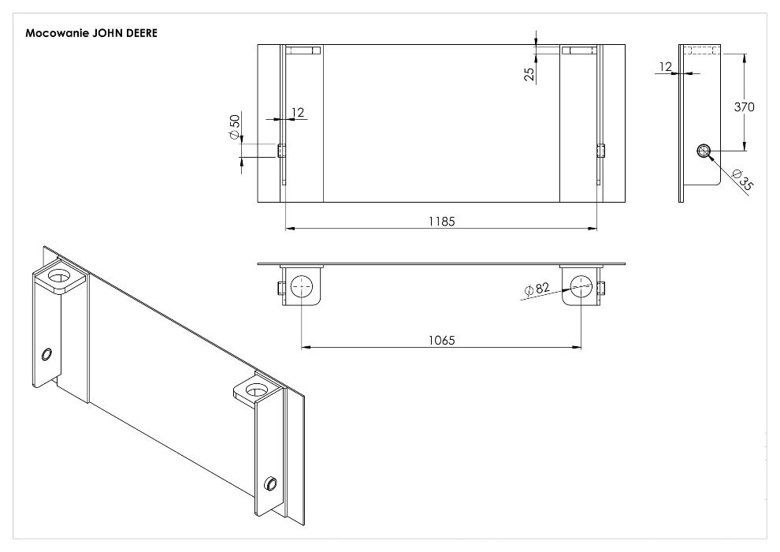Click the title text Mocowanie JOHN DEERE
pyautogui.click(x=91, y=33)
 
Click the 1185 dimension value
pyautogui.click(x=442, y=221)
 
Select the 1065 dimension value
pyautogui.click(x=442, y=340)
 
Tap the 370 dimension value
pyautogui.click(x=745, y=106)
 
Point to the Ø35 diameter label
pyautogui.click(x=743, y=180)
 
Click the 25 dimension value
pyautogui.click(x=529, y=73)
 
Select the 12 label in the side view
pyautogui.click(x=666, y=66)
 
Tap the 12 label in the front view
pyautogui.click(x=298, y=113)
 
